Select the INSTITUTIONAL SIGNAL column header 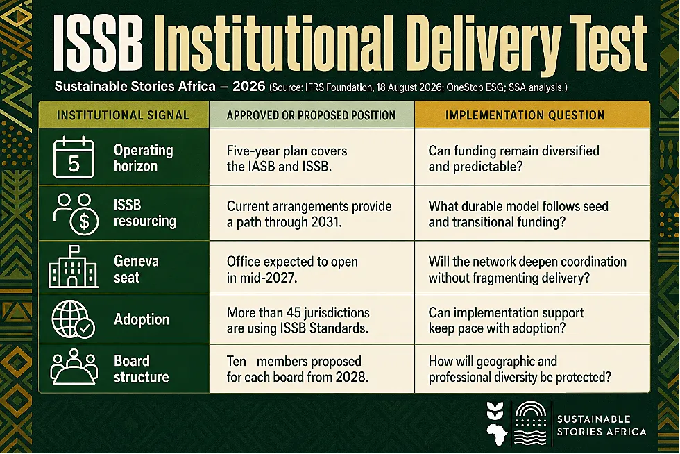click(123, 115)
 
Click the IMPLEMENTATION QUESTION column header click(525, 115)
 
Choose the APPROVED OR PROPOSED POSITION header click(311, 115)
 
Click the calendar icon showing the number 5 click(74, 157)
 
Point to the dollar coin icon click(84, 221)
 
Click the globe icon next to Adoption click(73, 319)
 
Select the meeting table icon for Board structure click(74, 367)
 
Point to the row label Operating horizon click(143, 158)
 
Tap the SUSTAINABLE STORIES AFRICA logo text click(602, 426)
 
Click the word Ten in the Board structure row click(237, 362)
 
